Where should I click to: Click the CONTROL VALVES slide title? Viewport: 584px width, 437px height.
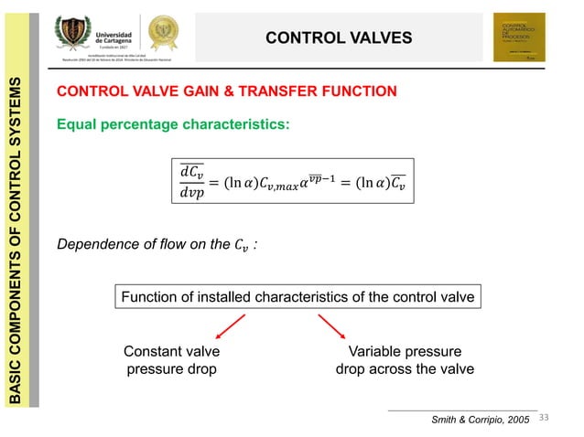tap(339, 37)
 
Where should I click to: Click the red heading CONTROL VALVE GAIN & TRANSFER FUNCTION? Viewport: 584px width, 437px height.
tap(227, 91)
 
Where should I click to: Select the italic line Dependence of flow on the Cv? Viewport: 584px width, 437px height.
tap(156, 245)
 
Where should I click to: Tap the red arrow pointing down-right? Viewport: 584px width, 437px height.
tap(332, 326)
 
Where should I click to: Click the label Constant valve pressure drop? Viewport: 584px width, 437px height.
tap(171, 360)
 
